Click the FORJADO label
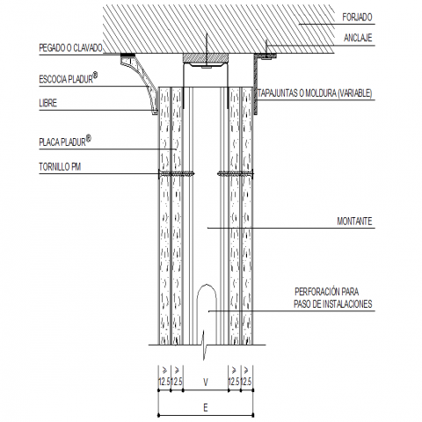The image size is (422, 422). click(x=357, y=18)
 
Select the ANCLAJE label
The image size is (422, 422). click(x=358, y=38)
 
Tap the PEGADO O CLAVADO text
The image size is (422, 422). click(x=70, y=48)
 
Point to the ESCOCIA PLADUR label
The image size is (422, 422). click(x=66, y=79)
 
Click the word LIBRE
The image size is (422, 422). click(x=47, y=103)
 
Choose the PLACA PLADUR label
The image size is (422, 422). click(x=62, y=142)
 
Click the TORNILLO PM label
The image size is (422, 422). click(x=60, y=167)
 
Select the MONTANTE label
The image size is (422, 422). click(x=354, y=222)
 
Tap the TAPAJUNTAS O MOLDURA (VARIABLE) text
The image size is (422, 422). click(x=315, y=93)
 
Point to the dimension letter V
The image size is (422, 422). click(x=206, y=382)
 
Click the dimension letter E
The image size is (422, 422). click(x=206, y=407)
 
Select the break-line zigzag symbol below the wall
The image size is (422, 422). click(x=204, y=345)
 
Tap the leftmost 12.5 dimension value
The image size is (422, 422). click(x=164, y=382)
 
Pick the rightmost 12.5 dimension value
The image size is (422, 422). click(x=246, y=382)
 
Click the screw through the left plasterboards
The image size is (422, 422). click(x=176, y=174)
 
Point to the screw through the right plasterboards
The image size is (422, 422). click(x=236, y=174)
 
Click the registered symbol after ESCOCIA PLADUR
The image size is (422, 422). click(x=95, y=75)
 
